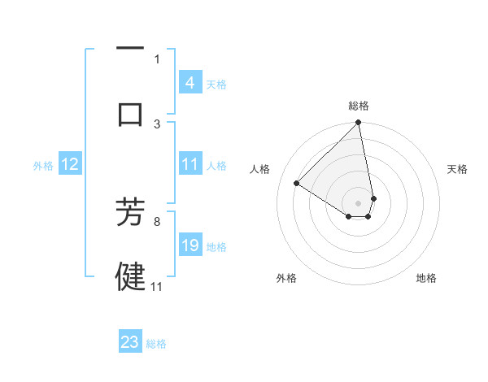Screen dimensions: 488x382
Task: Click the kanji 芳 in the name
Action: tap(130, 212)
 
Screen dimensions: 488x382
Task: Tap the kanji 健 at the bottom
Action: tap(130, 276)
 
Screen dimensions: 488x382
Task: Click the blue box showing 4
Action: tap(190, 82)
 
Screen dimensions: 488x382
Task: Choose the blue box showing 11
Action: tap(190, 164)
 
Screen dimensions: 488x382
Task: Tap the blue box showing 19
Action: tap(190, 245)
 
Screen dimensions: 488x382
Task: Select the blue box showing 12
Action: tap(69, 164)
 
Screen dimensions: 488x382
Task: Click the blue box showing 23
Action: tap(130, 342)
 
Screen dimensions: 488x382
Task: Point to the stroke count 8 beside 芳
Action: tap(157, 220)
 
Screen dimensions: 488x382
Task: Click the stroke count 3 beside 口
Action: tap(157, 124)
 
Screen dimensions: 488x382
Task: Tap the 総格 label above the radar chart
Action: tap(359, 106)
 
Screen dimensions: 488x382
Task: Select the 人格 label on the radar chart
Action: tap(261, 169)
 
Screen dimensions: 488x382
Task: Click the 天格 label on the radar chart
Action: tap(457, 169)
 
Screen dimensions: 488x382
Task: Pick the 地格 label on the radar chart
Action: tap(426, 278)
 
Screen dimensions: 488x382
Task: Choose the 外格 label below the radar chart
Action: tap(286, 278)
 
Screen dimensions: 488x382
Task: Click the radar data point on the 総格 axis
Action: tap(359, 124)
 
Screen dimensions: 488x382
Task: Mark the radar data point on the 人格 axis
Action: tap(297, 184)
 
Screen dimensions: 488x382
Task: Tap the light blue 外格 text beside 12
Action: tap(42, 165)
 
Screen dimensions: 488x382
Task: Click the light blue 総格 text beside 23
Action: tap(156, 344)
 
